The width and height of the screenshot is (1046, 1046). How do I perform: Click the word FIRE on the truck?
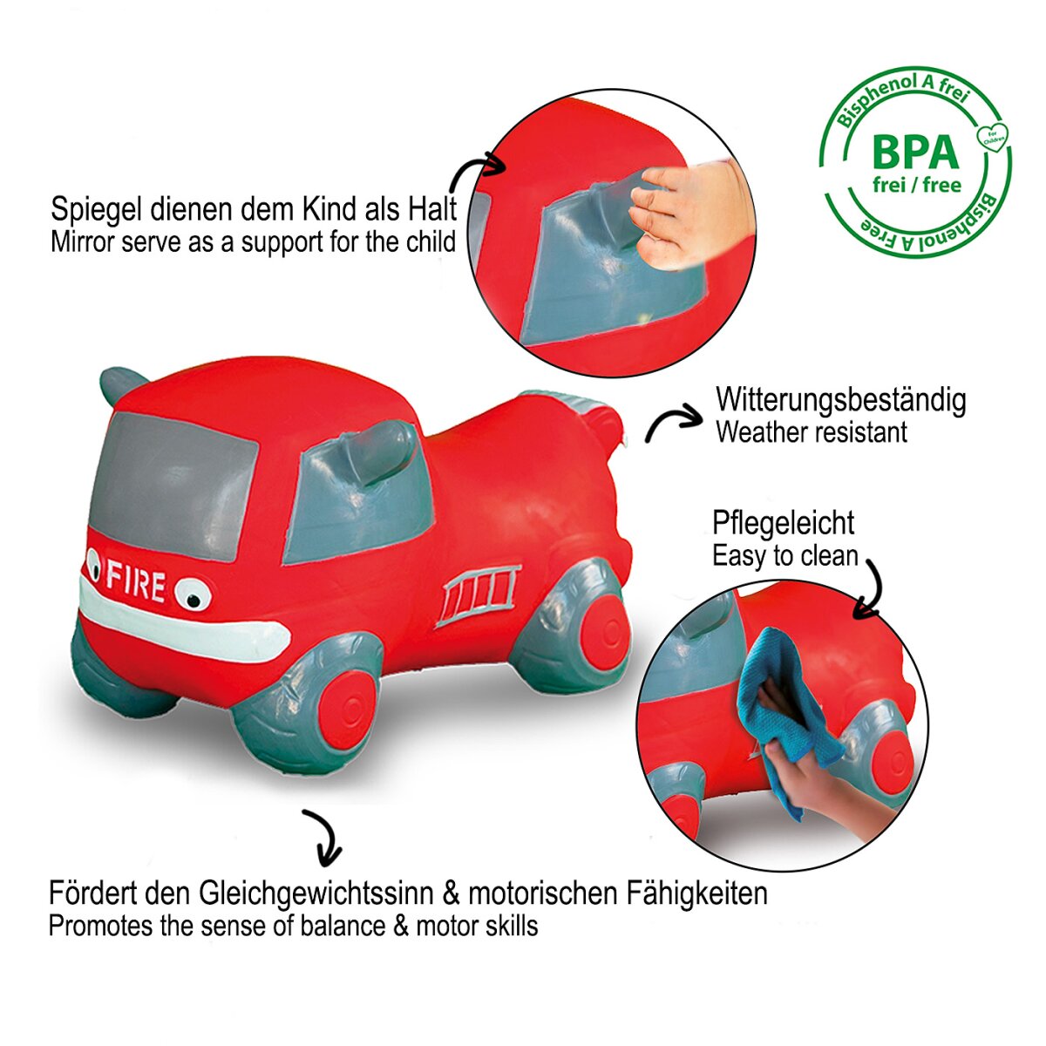[136, 581]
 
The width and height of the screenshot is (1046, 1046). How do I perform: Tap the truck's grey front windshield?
[173, 485]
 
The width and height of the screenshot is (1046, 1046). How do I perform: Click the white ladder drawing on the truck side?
[479, 594]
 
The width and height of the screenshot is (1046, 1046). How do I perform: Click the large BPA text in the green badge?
[915, 153]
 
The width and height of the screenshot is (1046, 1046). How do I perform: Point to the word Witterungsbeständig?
[841, 400]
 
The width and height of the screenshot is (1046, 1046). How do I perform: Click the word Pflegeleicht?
[783, 524]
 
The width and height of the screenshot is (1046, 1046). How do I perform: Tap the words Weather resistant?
[811, 432]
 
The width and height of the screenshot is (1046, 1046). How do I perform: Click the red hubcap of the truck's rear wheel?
[602, 631]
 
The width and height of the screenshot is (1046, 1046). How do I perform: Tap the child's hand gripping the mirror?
[692, 214]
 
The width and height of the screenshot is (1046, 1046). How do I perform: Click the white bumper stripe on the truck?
[185, 620]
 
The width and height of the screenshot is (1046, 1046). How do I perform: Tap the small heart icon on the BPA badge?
[992, 137]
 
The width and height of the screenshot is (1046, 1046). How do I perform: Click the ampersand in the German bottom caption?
[451, 894]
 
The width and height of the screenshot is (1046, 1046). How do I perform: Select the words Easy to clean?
[784, 556]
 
